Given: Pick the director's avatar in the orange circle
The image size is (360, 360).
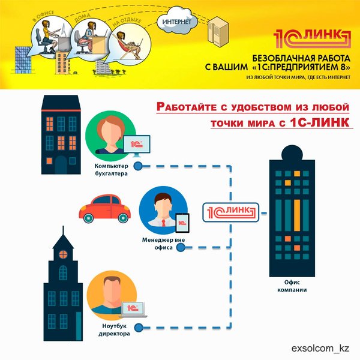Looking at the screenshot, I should [109, 295].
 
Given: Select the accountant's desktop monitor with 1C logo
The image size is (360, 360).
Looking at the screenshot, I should [136, 144].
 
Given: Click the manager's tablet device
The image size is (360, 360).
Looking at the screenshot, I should [184, 223].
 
